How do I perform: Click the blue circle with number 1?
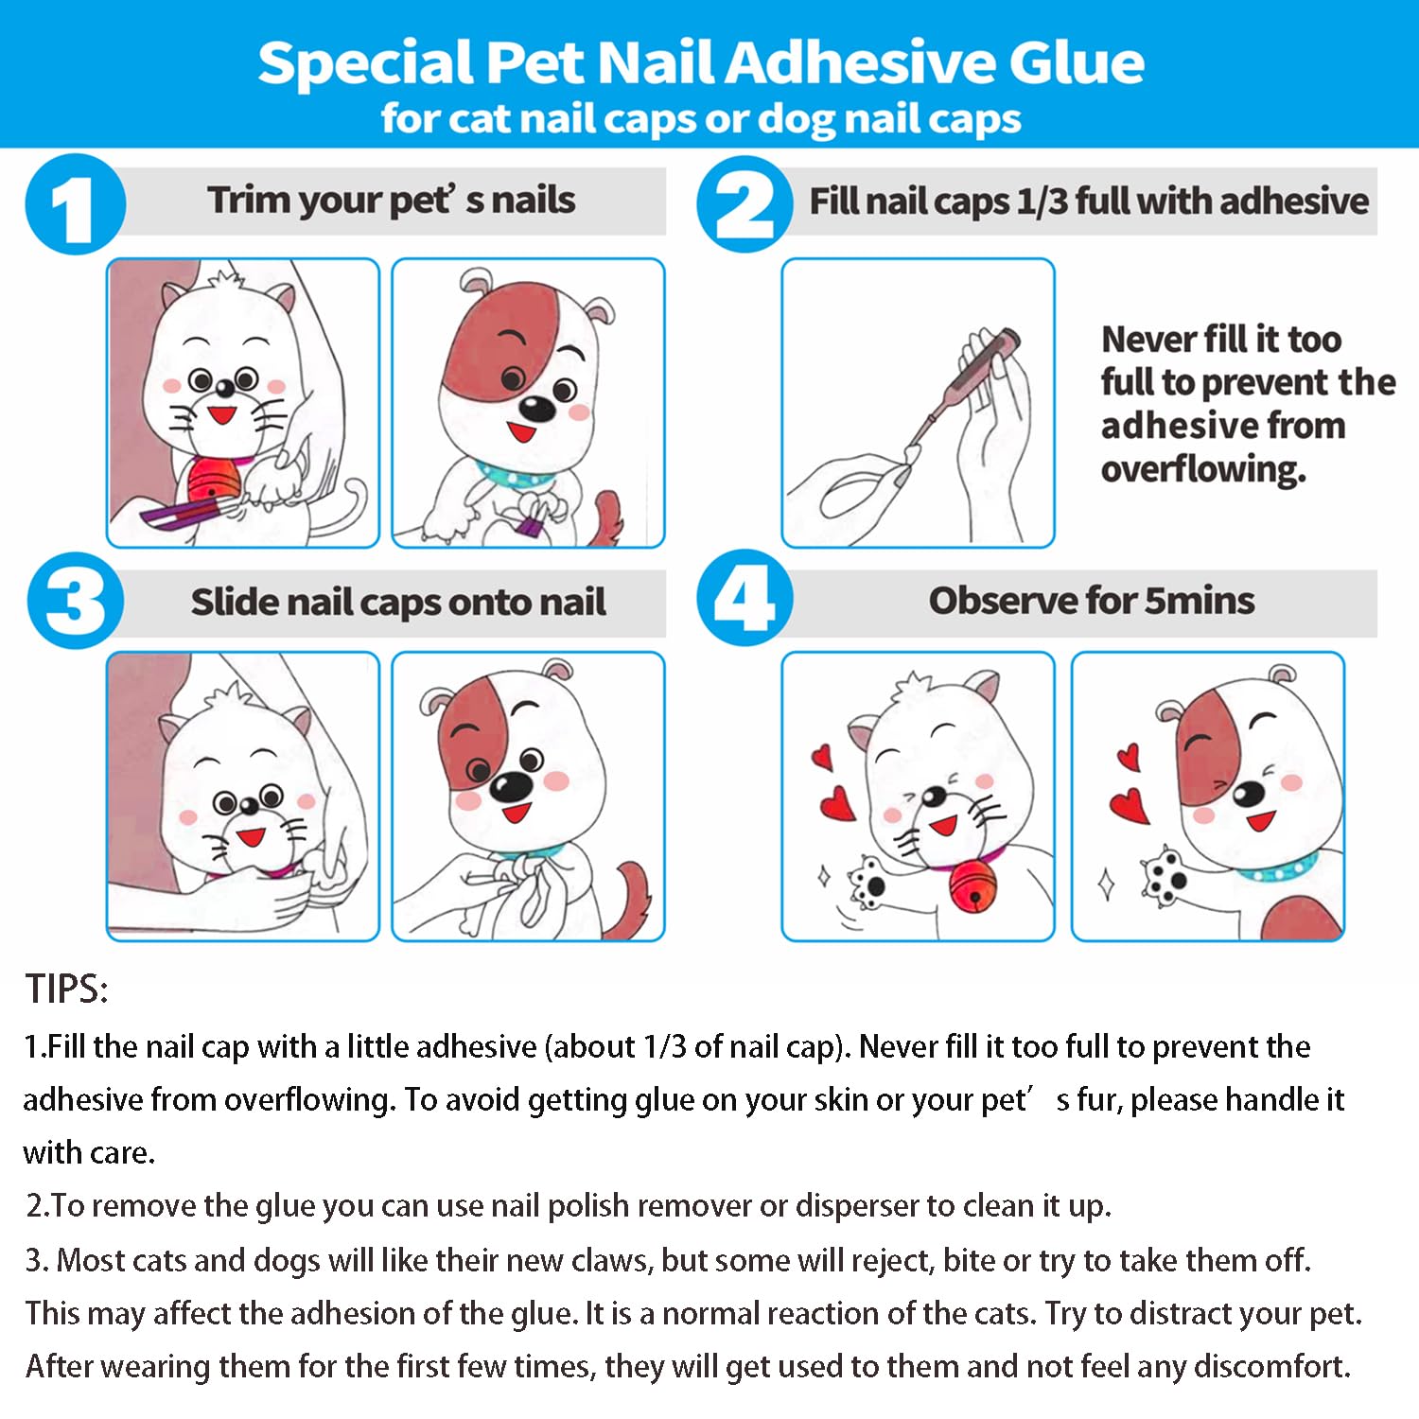coord(76,204)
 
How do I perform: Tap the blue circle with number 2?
coord(745,204)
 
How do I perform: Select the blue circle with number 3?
coord(76,601)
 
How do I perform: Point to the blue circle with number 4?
coord(745,598)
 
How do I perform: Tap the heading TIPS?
coord(67,989)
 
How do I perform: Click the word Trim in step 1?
coord(249,200)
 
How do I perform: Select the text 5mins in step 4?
coord(1200,601)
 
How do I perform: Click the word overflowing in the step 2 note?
coord(1203,469)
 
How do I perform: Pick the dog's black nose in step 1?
coord(538,409)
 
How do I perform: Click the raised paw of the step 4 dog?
coord(1164,875)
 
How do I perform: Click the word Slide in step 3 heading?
coord(234,602)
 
